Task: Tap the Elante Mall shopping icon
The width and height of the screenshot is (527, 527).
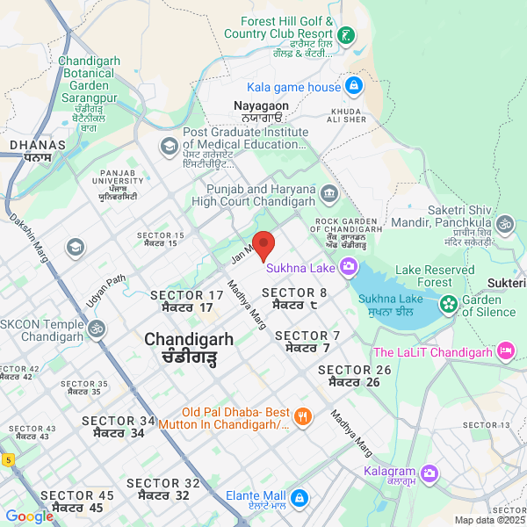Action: coord(299,498)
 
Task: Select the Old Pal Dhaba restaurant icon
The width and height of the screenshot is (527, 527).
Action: coord(302,417)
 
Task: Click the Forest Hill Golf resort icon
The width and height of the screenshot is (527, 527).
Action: coord(349,36)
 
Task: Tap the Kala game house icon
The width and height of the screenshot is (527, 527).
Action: coord(353,86)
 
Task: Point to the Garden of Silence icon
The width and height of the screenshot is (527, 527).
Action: coord(449,304)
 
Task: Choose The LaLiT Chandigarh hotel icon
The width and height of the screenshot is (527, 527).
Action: coord(505,352)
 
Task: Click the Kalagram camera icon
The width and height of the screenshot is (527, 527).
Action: coord(429,473)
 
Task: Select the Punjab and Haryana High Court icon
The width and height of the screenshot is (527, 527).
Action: coord(328,192)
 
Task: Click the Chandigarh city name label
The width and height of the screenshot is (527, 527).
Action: coord(189,348)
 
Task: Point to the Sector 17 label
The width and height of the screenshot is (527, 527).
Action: coord(187,301)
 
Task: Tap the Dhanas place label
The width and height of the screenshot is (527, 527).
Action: coord(37,150)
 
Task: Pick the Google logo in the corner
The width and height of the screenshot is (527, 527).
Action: coord(29,516)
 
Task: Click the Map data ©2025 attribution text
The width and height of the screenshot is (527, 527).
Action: coord(489,520)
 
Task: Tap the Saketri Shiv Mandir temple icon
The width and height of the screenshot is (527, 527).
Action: coord(504,226)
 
